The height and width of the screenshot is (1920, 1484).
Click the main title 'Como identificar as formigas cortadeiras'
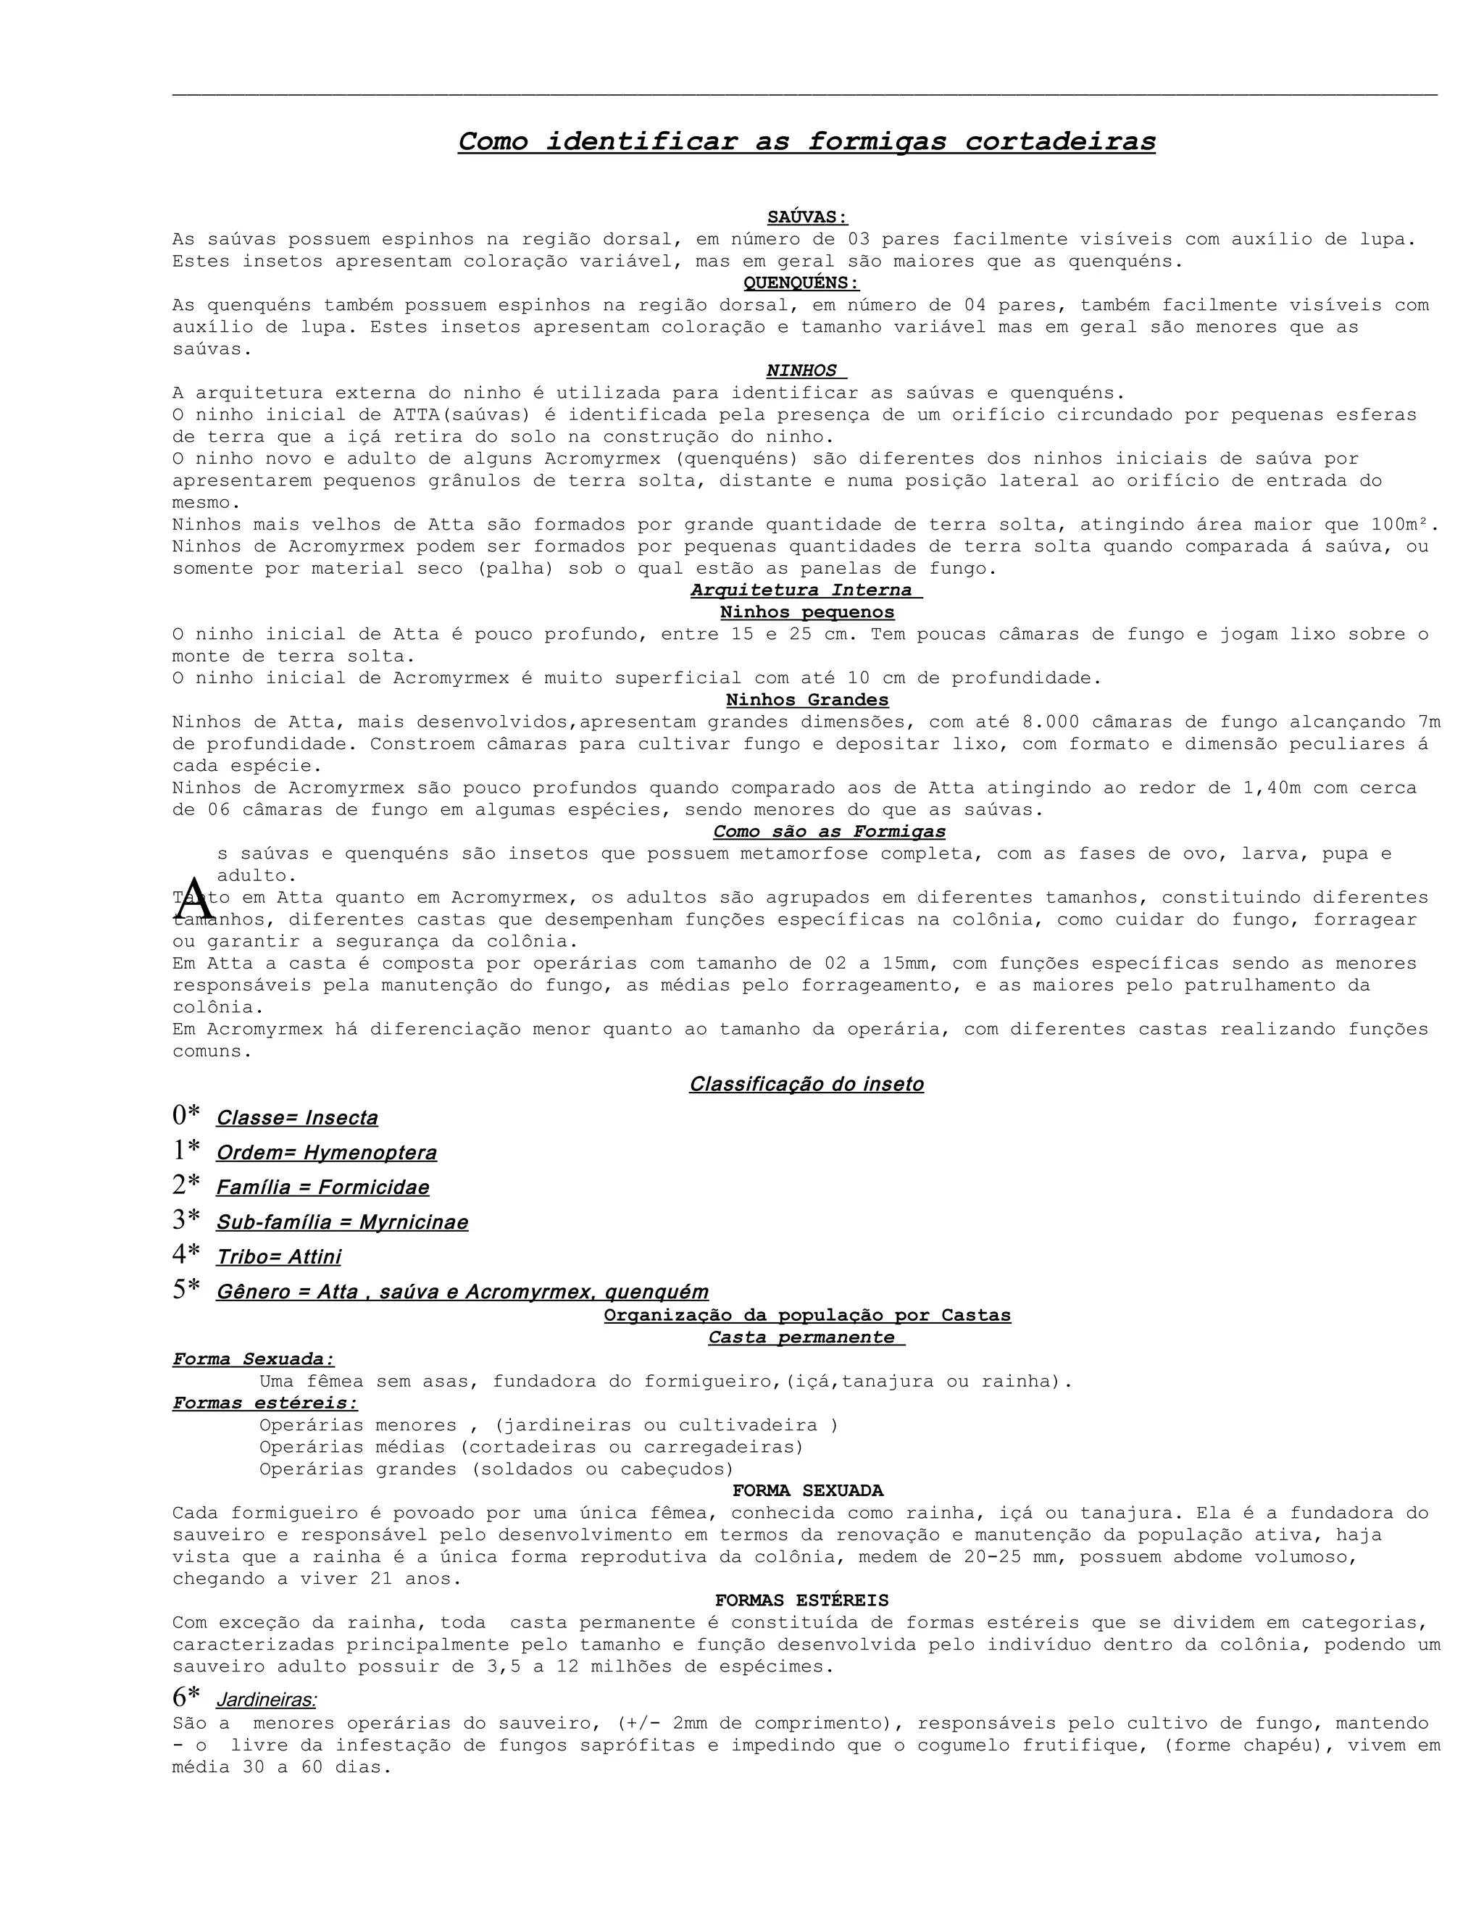click(806, 141)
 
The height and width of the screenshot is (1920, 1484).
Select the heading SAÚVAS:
click(807, 217)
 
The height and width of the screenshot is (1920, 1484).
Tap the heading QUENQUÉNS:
click(801, 283)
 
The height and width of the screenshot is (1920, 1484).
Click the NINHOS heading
click(803, 371)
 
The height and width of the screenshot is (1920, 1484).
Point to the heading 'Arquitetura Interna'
click(805, 590)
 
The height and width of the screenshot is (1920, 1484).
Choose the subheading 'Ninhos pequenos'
click(807, 612)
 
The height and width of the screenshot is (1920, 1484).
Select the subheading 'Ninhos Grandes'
click(807, 700)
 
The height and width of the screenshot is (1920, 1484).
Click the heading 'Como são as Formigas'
click(829, 832)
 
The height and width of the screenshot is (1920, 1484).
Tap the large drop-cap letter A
click(195, 898)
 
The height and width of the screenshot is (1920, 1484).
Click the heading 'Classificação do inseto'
click(806, 1084)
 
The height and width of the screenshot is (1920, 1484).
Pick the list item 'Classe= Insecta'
click(297, 1118)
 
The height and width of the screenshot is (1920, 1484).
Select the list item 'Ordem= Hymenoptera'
click(326, 1153)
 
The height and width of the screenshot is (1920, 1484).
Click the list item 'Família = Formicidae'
click(322, 1188)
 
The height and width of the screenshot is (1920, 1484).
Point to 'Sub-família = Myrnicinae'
click(342, 1222)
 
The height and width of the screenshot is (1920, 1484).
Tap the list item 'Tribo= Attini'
click(279, 1257)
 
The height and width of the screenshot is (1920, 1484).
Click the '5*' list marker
click(186, 1290)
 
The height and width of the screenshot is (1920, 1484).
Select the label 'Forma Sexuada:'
click(253, 1359)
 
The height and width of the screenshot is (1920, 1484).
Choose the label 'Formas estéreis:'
click(264, 1403)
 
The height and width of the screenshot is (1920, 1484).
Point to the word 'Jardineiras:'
click(267, 1700)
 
